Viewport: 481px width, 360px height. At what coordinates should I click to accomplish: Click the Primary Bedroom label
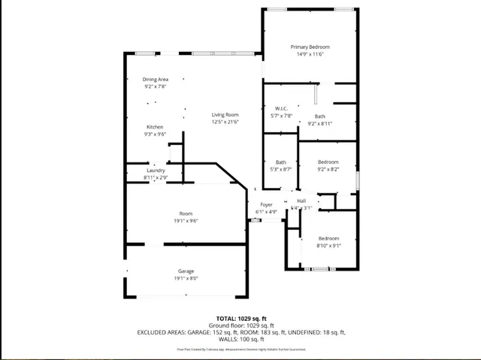(x=310, y=47)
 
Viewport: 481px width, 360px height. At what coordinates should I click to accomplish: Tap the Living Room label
(x=225, y=114)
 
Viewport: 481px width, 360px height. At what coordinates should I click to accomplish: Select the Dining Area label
(x=155, y=79)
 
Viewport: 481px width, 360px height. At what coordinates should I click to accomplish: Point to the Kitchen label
(x=155, y=126)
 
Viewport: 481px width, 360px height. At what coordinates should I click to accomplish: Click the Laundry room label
(x=156, y=170)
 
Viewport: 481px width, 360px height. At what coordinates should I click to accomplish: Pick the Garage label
(x=186, y=271)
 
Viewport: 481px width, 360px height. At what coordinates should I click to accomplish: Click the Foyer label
(x=266, y=204)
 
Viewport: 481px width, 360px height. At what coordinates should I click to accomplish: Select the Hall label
(x=301, y=201)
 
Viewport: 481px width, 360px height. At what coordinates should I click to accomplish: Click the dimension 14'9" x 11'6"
(x=310, y=54)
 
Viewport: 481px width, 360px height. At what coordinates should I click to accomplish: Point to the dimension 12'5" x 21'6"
(x=225, y=122)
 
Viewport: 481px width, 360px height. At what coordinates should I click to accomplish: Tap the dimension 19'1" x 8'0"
(x=186, y=278)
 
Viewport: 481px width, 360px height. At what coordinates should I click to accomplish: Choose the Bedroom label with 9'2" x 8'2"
(x=328, y=162)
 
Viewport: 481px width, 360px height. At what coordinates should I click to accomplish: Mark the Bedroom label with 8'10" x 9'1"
(x=328, y=237)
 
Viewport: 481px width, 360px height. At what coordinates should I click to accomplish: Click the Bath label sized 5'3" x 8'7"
(x=280, y=162)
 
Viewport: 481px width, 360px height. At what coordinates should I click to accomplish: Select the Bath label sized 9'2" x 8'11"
(x=320, y=116)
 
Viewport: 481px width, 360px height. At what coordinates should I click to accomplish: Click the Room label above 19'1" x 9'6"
(x=186, y=213)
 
